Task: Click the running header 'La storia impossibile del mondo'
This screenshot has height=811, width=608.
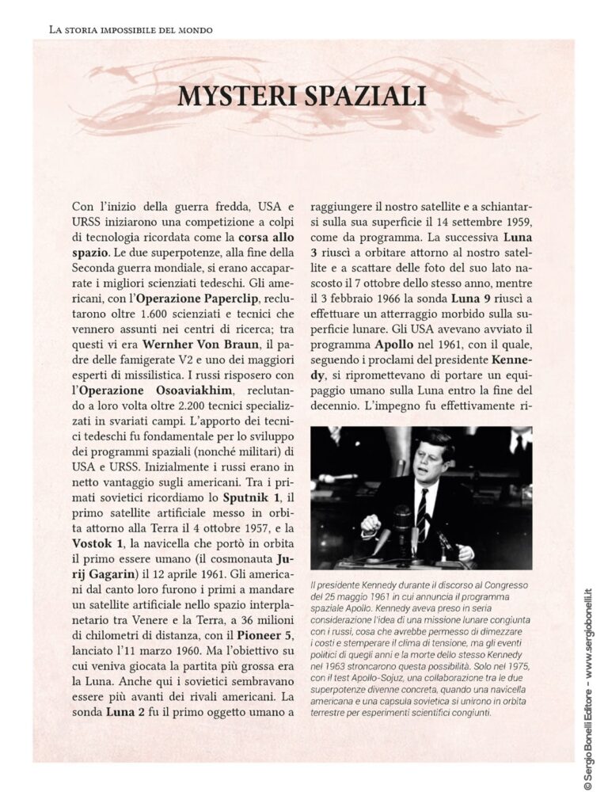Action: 131,30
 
